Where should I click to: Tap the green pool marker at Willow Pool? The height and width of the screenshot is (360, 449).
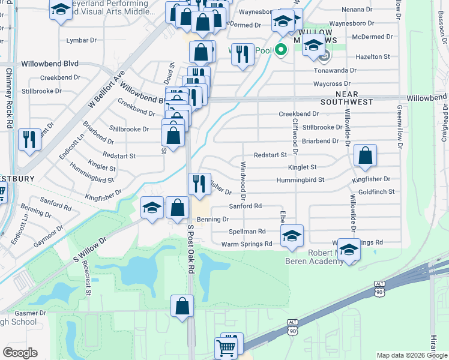280,50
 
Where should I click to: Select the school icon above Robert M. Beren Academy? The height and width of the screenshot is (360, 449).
348,249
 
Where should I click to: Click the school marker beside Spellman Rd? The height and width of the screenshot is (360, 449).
292,235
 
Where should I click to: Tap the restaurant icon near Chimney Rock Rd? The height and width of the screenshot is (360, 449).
29,139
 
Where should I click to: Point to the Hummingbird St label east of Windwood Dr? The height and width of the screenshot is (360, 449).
300,180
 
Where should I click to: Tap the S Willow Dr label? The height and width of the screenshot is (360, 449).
89,249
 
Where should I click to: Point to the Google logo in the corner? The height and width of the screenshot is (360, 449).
20,353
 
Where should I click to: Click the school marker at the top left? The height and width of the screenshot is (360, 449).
61,10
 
